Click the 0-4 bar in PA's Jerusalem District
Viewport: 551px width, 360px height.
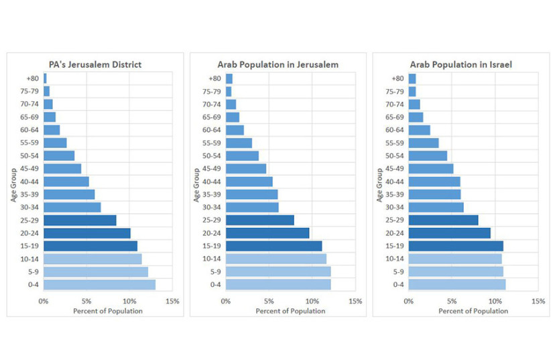pyautogui.click(x=99, y=284)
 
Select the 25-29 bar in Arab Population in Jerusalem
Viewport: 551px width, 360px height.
pyautogui.click(x=260, y=220)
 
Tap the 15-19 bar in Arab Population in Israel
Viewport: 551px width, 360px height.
pyautogui.click(x=456, y=246)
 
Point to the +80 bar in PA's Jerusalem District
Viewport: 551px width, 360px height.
pyautogui.click(x=45, y=78)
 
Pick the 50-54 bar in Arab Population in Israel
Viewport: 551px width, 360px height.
pyautogui.click(x=428, y=156)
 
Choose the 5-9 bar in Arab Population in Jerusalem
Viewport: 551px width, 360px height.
pyautogui.click(x=278, y=272)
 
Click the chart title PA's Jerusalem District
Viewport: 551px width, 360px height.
pyautogui.click(x=95, y=64)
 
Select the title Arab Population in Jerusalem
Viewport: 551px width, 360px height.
pyautogui.click(x=278, y=64)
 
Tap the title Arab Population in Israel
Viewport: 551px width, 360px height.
pyautogui.click(x=461, y=64)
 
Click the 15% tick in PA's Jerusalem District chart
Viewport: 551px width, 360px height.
pyautogui.click(x=172, y=301)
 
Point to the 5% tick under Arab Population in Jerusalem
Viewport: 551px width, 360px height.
pyautogui.click(x=269, y=301)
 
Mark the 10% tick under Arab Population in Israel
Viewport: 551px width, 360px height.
pyautogui.click(x=495, y=301)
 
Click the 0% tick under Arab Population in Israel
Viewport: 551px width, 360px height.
pyautogui.click(x=409, y=301)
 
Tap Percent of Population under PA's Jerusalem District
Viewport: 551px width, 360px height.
pyautogui.click(x=108, y=311)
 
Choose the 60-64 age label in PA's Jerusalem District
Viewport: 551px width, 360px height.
pyautogui.click(x=29, y=130)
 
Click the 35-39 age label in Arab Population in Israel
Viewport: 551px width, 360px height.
pyautogui.click(x=395, y=194)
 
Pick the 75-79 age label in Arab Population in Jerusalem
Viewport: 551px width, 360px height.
pyautogui.click(x=212, y=91)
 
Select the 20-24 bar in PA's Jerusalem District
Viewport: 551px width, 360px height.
pyautogui.click(x=87, y=233)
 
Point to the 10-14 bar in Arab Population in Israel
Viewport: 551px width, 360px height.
pyautogui.click(x=455, y=259)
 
